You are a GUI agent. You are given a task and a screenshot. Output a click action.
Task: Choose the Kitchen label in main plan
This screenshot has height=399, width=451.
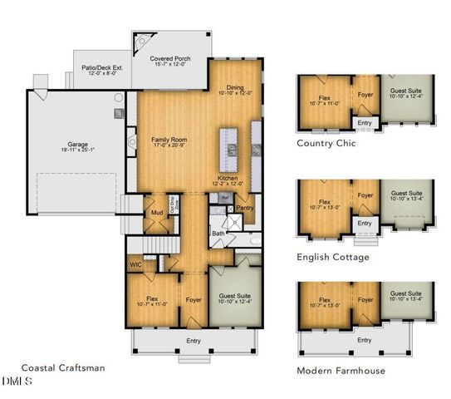coord(229,178)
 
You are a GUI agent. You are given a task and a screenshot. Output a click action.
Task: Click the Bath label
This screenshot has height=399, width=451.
coord(218,234)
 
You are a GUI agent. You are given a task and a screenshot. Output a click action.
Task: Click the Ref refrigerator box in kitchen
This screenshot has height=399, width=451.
coord(225,197)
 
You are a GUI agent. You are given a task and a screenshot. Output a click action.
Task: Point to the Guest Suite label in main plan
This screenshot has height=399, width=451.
coord(235,297)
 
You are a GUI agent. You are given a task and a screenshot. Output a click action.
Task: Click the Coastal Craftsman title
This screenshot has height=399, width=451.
coord(63,368)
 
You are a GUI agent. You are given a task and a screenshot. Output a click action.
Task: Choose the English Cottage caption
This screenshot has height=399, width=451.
coord(333,257)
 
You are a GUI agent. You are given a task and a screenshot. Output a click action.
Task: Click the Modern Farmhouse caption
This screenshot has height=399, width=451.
coord(341,370)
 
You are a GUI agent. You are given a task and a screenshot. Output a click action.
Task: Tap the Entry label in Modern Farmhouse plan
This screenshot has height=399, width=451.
coord(364,340)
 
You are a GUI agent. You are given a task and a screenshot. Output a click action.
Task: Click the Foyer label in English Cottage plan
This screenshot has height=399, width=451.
coord(364,196)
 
